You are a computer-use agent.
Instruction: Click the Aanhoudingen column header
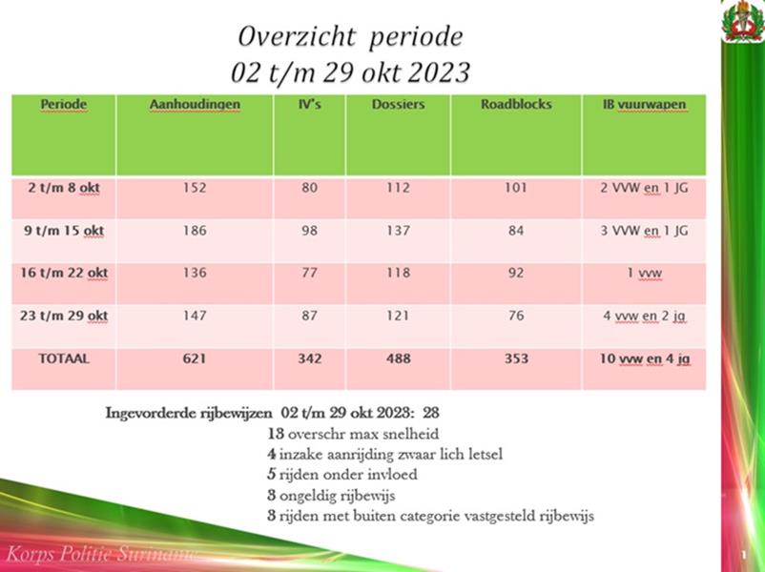click(x=195, y=104)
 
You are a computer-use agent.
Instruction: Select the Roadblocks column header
click(x=515, y=104)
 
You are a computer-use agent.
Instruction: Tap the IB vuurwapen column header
click(x=644, y=104)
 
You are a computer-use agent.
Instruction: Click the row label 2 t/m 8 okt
click(x=64, y=188)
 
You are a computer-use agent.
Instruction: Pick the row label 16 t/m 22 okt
click(x=64, y=273)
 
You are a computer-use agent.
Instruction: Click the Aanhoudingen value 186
click(x=195, y=231)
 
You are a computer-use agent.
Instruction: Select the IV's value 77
click(x=309, y=273)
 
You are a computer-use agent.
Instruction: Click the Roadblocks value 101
click(x=515, y=188)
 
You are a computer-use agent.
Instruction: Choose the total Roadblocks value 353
click(x=515, y=358)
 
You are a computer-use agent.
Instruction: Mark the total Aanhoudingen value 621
click(x=195, y=358)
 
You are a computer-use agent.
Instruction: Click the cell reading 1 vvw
click(x=645, y=273)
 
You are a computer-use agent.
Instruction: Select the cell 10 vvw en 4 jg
click(x=645, y=358)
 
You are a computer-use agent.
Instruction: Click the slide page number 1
click(x=742, y=554)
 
